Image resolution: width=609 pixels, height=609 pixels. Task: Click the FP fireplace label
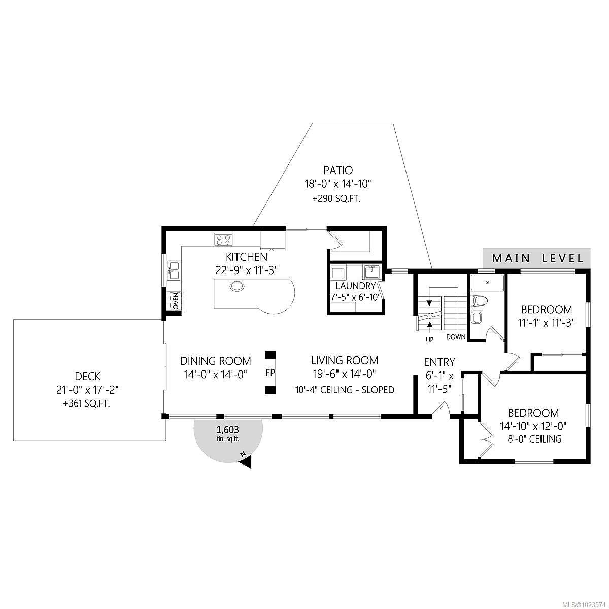(x=270, y=373)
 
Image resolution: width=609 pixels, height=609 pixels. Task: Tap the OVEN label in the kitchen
(x=176, y=300)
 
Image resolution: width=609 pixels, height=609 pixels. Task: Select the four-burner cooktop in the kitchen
(x=223, y=239)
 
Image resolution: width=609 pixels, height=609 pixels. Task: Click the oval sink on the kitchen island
(x=237, y=286)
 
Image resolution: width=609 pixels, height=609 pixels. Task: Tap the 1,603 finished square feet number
(x=227, y=430)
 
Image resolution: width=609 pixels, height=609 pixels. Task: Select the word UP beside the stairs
(x=429, y=340)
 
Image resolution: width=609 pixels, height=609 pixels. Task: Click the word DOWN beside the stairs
(x=456, y=337)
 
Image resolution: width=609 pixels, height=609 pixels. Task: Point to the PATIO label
(x=338, y=171)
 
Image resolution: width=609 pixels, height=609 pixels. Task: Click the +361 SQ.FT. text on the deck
(x=87, y=404)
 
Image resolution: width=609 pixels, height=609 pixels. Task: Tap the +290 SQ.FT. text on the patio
(x=336, y=199)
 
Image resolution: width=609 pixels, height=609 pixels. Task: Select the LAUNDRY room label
(x=355, y=286)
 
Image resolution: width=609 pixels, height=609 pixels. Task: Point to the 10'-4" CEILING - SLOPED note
(x=345, y=390)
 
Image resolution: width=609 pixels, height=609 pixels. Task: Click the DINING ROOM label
(x=216, y=361)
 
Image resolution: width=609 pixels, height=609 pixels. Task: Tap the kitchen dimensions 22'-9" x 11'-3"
(x=247, y=270)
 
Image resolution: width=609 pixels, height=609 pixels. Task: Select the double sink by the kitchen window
(x=174, y=270)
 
